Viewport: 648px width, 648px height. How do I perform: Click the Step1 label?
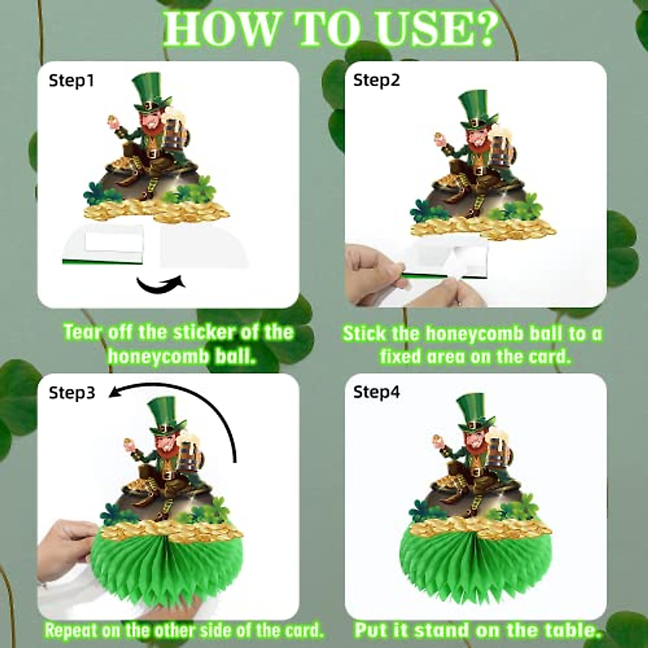[x=71, y=81]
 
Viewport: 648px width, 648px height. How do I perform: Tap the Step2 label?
[x=376, y=80]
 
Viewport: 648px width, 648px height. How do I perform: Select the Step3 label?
[x=72, y=393]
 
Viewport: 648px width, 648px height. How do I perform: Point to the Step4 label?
[x=376, y=392]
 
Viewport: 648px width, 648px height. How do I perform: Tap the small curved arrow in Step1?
[x=160, y=283]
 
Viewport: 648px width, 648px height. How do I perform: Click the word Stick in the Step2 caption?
[x=364, y=334]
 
